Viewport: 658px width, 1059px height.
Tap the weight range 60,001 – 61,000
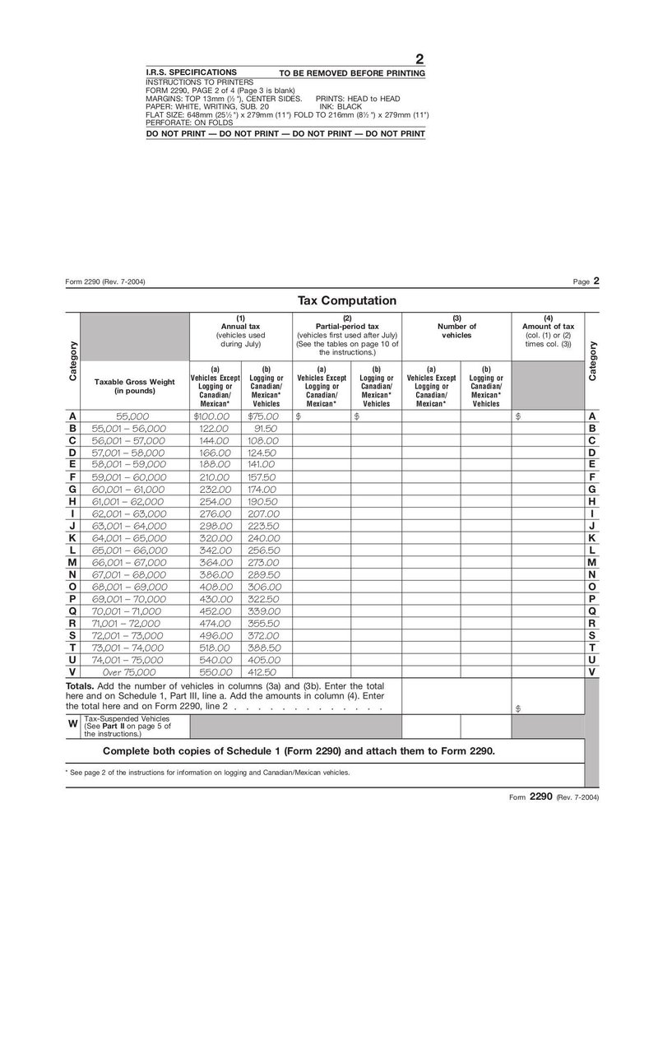[x=129, y=489]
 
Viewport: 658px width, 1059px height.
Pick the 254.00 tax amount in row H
[x=215, y=501]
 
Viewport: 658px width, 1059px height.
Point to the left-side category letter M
[x=72, y=562]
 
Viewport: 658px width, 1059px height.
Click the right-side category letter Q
[x=591, y=611]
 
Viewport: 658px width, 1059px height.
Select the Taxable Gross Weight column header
[x=134, y=386]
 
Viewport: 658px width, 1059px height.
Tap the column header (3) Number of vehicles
[x=456, y=327]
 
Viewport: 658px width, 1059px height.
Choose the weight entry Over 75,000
[x=123, y=671]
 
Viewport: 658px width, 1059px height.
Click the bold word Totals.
[x=81, y=685]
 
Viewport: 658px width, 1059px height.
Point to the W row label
[x=73, y=724]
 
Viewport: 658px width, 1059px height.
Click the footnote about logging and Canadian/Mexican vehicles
[x=207, y=773]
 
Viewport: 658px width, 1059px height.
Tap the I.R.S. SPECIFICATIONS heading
[x=191, y=72]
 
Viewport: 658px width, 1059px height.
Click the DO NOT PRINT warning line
[x=285, y=132]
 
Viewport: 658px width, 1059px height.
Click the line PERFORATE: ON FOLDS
[x=189, y=122]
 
